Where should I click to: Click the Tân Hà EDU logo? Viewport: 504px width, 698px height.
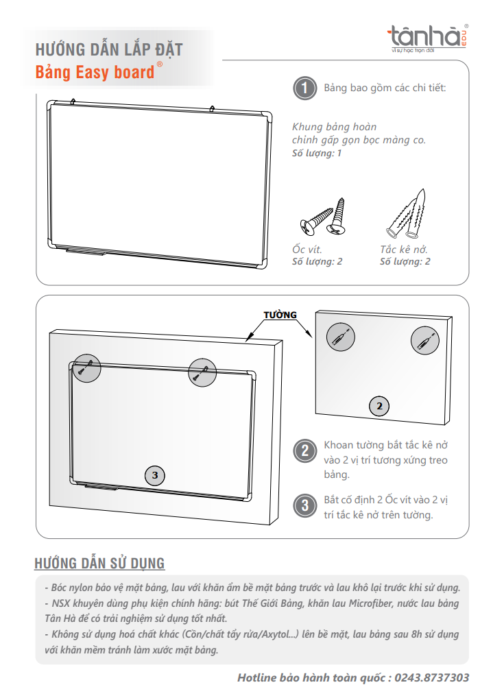427,37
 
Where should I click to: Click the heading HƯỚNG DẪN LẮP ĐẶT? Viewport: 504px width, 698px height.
109,50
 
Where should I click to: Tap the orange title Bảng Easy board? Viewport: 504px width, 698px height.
95,71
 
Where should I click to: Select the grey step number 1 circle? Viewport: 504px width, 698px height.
304,88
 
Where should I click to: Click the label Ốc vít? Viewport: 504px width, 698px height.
307,250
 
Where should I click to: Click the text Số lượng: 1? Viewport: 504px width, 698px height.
317,153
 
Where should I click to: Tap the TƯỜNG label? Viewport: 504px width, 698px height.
280,315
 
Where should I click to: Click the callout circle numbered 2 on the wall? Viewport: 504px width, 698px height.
379,406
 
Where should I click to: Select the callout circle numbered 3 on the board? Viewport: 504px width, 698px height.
155,474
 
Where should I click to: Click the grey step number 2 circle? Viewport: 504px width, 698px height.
304,450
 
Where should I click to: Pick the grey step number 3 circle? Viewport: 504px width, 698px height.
304,506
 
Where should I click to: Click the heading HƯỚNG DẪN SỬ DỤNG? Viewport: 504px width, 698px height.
99,564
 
